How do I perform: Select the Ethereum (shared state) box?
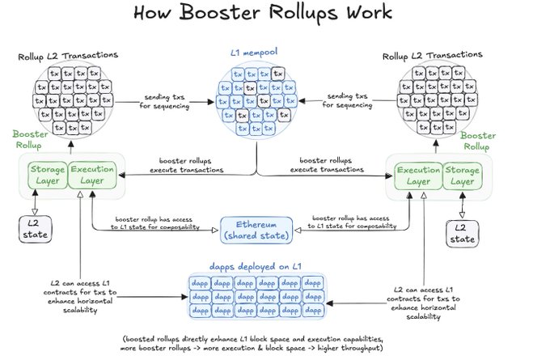click(256, 229)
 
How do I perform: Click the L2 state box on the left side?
click(35, 229)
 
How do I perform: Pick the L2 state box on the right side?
click(462, 235)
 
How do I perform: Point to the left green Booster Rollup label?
click(31, 139)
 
